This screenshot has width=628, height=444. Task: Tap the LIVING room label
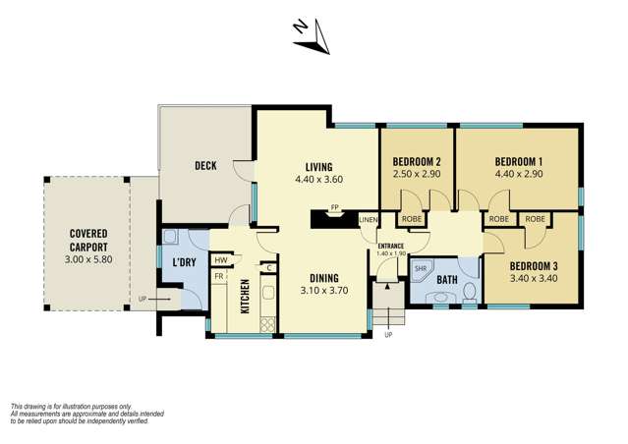(x=318, y=167)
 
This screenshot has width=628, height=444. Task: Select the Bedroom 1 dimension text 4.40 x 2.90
(x=519, y=174)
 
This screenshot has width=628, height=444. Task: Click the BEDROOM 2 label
(x=417, y=162)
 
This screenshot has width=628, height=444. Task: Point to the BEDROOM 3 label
(x=534, y=266)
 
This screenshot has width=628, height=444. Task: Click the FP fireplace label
(x=334, y=207)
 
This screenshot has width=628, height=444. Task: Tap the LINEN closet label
(x=369, y=220)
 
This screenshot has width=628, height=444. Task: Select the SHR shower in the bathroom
(x=421, y=268)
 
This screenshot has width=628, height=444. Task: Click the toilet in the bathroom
(x=469, y=292)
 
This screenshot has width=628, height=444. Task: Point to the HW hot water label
(x=221, y=260)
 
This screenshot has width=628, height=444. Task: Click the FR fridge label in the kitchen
(x=219, y=276)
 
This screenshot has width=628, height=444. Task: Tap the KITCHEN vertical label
(x=245, y=296)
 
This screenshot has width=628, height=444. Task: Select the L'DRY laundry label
(x=184, y=262)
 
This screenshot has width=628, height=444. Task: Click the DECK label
(x=205, y=165)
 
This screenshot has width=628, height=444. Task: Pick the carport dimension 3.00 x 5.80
(x=88, y=259)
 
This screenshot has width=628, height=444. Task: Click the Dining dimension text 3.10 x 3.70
(x=324, y=290)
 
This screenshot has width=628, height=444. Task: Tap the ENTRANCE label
(x=391, y=247)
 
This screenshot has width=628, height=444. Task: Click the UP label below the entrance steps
(x=388, y=335)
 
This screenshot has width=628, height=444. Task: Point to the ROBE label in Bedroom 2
(x=412, y=219)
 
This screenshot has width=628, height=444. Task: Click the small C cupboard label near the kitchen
(x=269, y=268)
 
